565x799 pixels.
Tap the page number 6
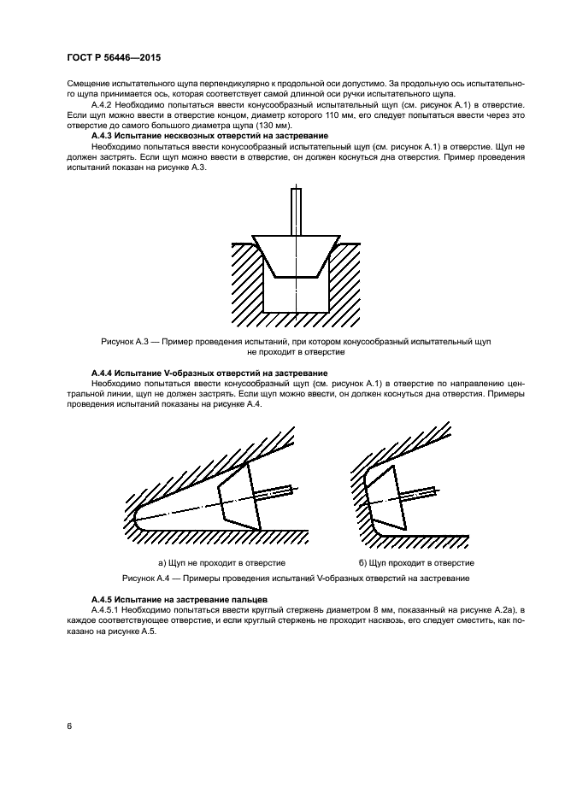pyautogui.click(x=68, y=726)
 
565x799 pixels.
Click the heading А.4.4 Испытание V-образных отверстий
pyautogui.click(x=209, y=373)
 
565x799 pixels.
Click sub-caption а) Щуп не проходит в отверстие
pyautogui.click(x=221, y=563)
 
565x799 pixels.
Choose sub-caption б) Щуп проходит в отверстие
pyautogui.click(x=416, y=563)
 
